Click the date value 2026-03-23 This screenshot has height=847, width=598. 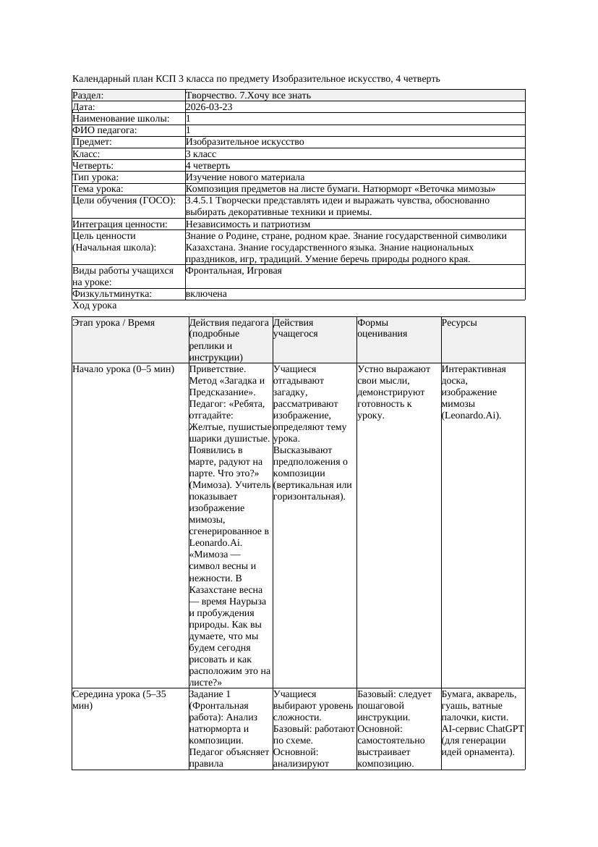click(x=209, y=107)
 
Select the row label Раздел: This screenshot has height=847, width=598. click(x=88, y=96)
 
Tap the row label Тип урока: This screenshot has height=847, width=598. click(x=95, y=177)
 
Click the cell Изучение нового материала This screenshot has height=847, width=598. click(x=245, y=177)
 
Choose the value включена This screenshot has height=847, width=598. click(x=206, y=294)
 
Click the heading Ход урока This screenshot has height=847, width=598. click(x=94, y=306)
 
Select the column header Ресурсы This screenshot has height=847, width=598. click(x=459, y=323)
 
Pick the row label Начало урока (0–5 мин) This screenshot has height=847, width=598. click(x=124, y=369)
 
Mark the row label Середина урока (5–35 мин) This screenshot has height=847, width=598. click(x=119, y=699)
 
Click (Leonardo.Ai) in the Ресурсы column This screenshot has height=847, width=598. click(x=471, y=416)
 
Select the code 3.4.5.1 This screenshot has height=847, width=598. click(x=202, y=201)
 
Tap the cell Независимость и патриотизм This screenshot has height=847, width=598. click(x=248, y=224)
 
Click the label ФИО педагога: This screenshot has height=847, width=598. click(x=105, y=130)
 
